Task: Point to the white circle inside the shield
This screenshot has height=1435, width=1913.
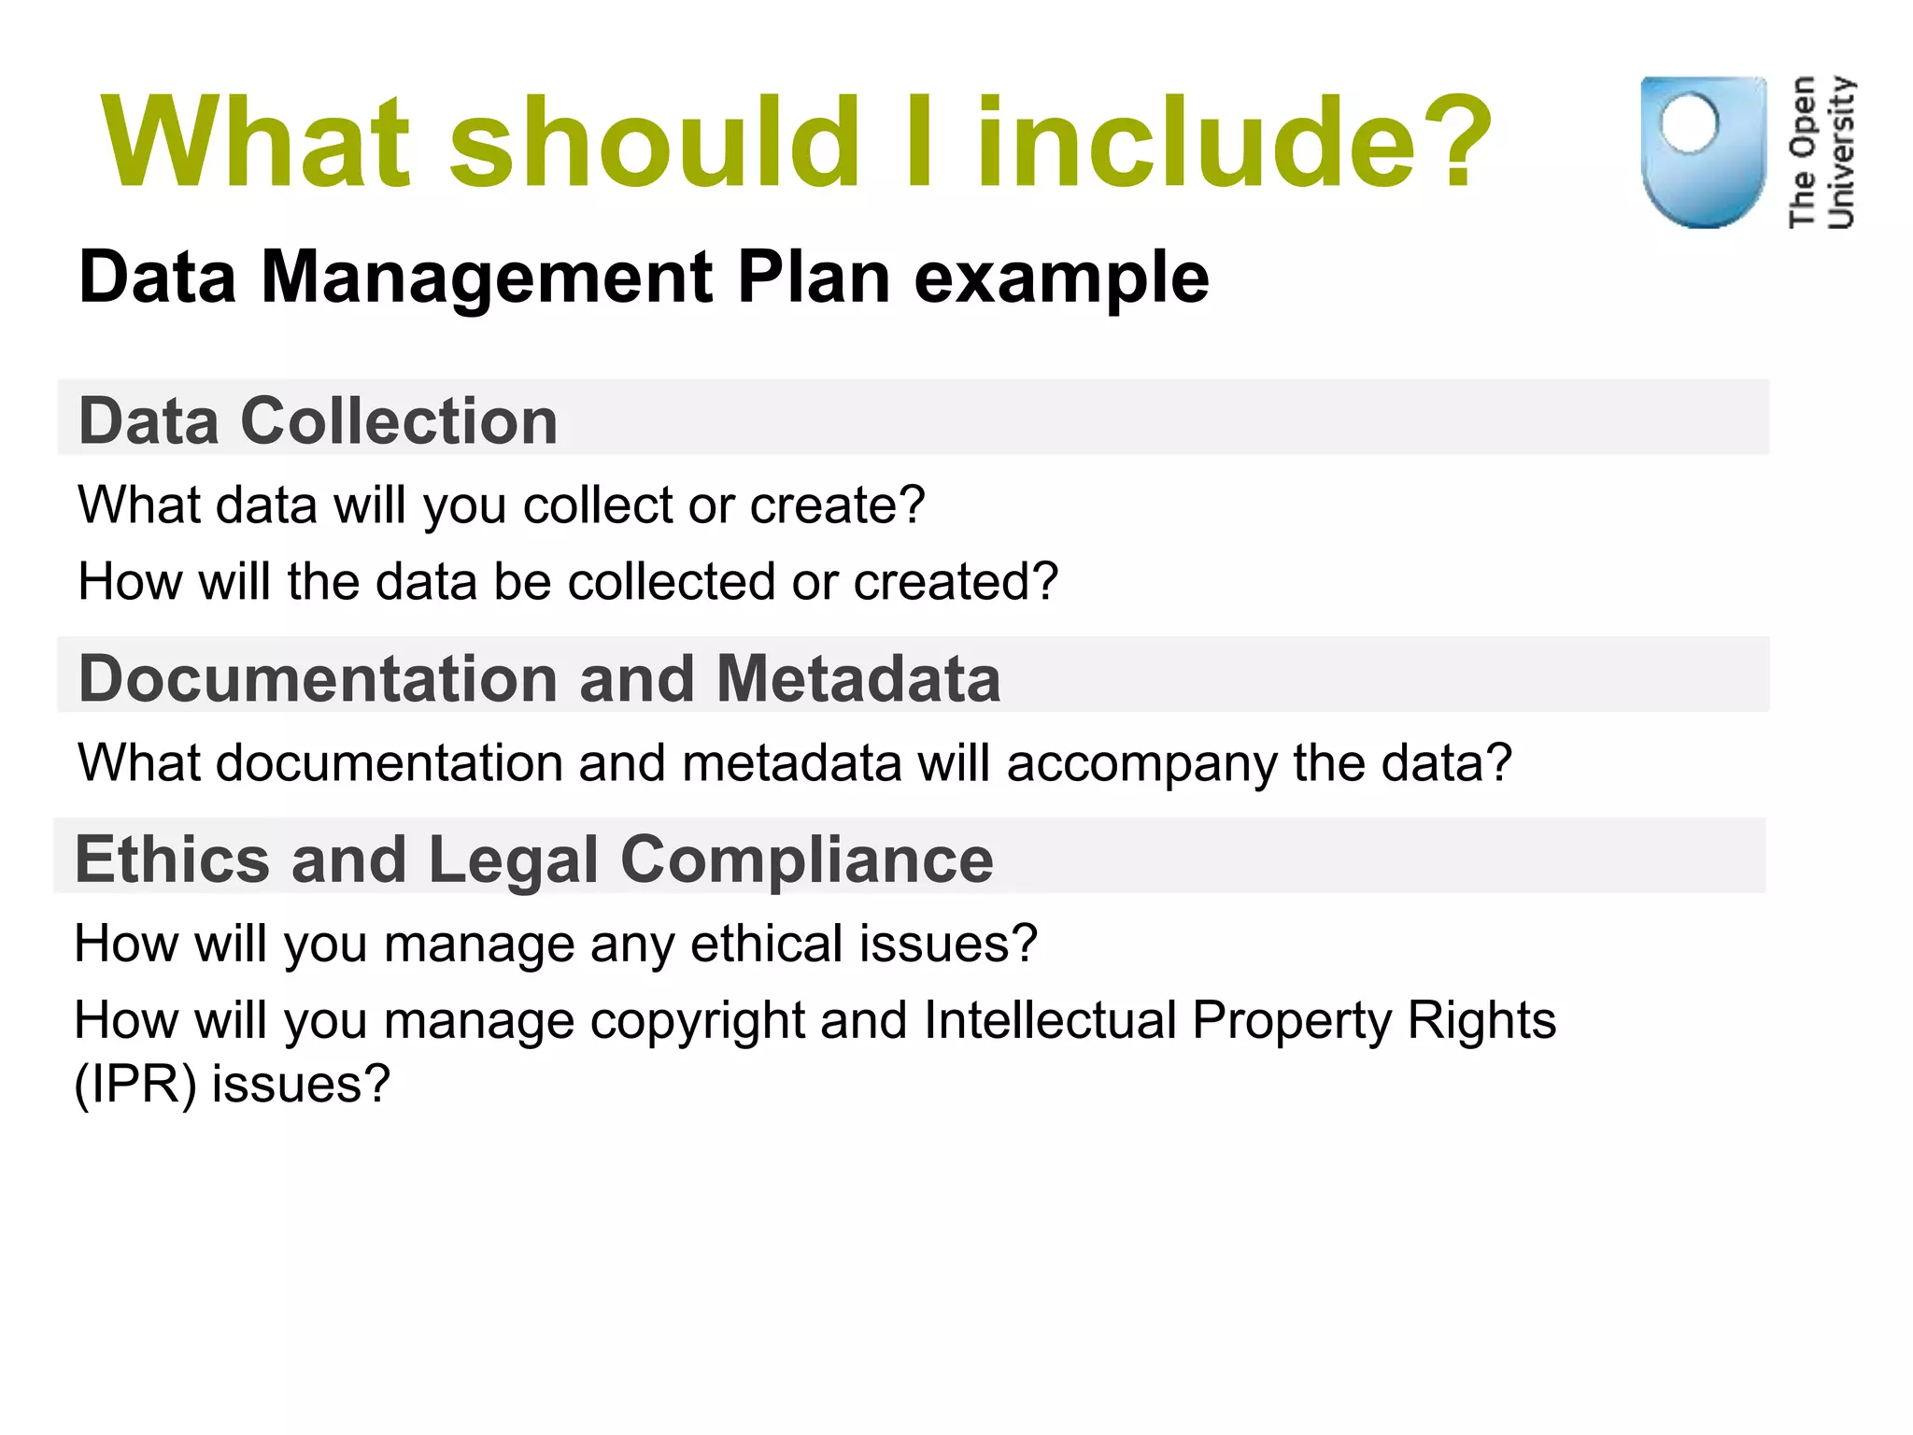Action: coord(1689,123)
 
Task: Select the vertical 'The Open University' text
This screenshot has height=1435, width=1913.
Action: coord(1821,152)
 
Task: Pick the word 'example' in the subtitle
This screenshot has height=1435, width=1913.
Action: coord(1061,277)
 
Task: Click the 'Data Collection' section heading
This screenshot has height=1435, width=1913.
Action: coord(319,420)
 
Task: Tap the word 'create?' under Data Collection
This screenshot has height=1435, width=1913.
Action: coord(837,505)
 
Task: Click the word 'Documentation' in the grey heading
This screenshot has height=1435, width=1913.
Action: coord(319,678)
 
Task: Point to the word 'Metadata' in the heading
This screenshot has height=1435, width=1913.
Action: coord(857,678)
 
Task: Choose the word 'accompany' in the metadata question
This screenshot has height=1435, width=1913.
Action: coord(1141,763)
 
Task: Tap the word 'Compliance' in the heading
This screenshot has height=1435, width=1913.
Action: coord(806,860)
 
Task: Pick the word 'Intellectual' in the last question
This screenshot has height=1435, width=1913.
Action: coord(1050,1020)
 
